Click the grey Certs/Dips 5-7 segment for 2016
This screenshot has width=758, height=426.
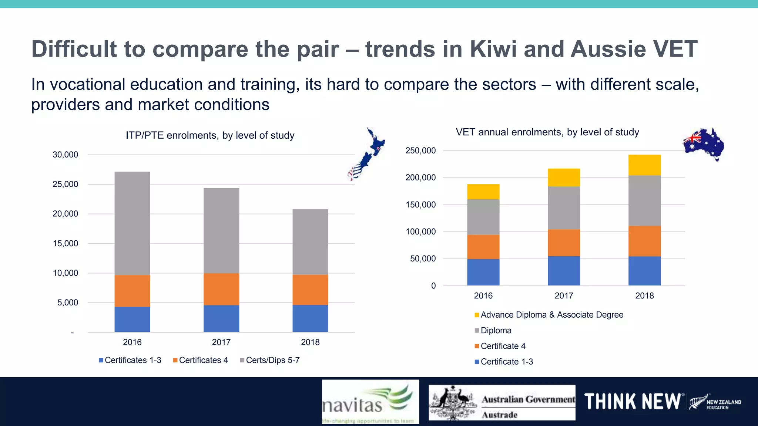[x=132, y=223]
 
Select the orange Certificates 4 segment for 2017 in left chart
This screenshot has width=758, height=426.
[x=221, y=289]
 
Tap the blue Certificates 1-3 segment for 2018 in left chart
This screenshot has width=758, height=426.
[x=310, y=318]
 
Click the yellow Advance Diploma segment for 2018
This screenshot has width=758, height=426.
[x=644, y=165]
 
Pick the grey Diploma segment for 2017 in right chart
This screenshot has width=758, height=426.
[x=564, y=208]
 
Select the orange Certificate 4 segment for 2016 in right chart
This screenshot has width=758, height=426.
[x=483, y=247]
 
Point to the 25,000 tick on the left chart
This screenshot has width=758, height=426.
[x=66, y=184]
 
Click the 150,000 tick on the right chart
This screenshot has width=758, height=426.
[x=420, y=204]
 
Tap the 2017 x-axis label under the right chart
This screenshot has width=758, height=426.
[x=564, y=295]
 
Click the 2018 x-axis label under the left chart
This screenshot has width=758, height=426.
[x=310, y=342]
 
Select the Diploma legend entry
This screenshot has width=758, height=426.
[x=493, y=330]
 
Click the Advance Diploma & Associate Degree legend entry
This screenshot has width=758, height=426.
[x=549, y=315]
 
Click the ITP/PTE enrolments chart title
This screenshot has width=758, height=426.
[x=210, y=135]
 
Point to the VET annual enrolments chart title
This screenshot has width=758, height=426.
[x=547, y=132]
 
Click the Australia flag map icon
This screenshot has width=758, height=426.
[x=704, y=144]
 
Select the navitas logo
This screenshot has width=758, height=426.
[x=370, y=402]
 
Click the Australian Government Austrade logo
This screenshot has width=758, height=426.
[x=502, y=402]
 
